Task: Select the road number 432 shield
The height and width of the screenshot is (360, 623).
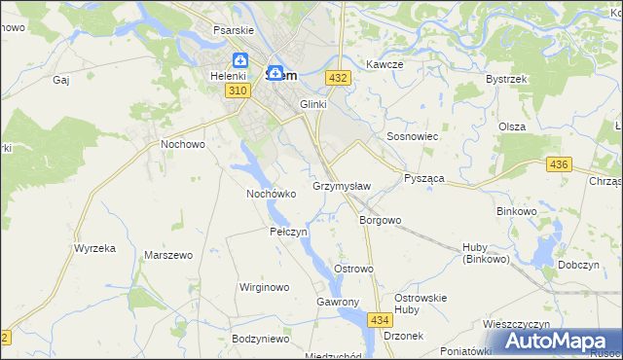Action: (x=338, y=77)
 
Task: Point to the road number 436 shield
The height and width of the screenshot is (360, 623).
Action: (x=558, y=165)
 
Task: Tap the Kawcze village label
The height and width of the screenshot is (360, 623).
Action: (x=385, y=64)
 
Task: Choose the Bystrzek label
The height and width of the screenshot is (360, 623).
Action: (x=505, y=79)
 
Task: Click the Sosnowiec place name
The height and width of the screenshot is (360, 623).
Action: (x=414, y=137)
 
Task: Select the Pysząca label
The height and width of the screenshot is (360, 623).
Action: (x=423, y=179)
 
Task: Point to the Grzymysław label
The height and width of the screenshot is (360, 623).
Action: (x=342, y=186)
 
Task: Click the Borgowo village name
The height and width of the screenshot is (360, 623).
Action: (x=380, y=220)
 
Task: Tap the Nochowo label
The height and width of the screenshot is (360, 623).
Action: (x=182, y=144)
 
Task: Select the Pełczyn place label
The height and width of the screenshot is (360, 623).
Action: (x=288, y=233)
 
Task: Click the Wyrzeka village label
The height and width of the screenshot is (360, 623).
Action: (x=94, y=248)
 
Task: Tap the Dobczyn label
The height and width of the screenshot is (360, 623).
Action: (x=583, y=264)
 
